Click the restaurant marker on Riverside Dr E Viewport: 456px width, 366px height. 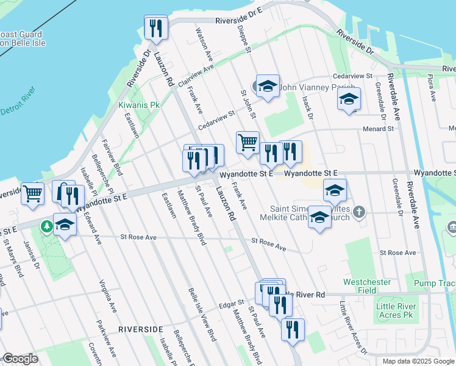tap(155, 28)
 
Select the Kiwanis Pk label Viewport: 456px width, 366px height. tap(138, 105)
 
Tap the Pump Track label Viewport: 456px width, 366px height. tap(433, 284)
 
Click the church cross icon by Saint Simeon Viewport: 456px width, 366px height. tap(360, 212)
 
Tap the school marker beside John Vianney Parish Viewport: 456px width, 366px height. tap(267, 87)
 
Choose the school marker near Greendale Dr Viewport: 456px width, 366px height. tap(349, 99)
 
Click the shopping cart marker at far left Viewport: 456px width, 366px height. tap(33, 194)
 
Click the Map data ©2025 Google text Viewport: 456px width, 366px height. tap(418, 361)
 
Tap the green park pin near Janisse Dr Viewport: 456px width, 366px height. tap(46, 227)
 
